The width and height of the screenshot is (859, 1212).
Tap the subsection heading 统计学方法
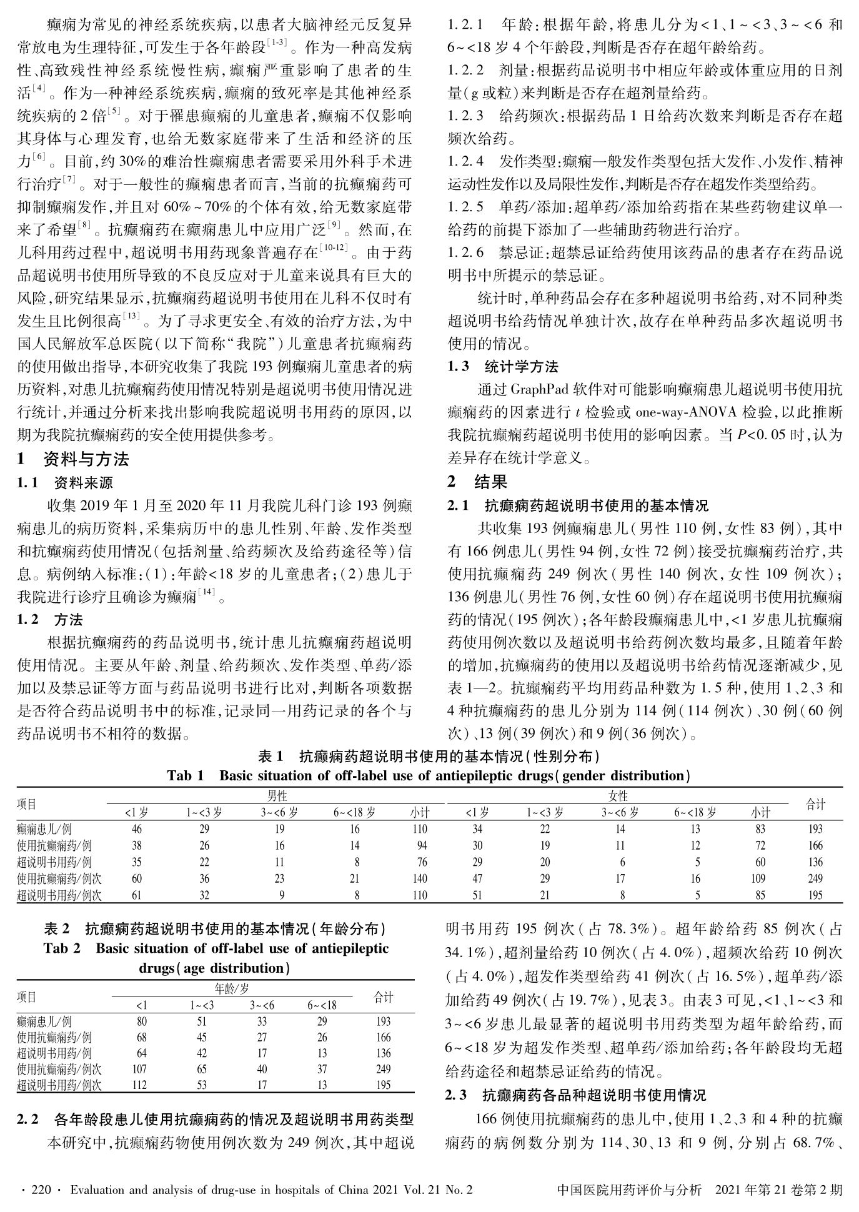pyautogui.click(x=521, y=367)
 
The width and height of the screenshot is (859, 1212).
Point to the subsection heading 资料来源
pyautogui.click(x=83, y=483)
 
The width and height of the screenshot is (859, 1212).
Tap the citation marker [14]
pyautogui.click(x=206, y=595)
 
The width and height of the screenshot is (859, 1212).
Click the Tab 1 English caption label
pyautogui.click(x=186, y=776)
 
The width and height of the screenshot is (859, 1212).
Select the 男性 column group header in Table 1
pyautogui.click(x=276, y=796)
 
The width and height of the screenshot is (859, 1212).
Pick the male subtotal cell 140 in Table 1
pyautogui.click(x=419, y=878)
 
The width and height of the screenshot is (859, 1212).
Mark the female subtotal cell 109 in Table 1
pyautogui.click(x=758, y=878)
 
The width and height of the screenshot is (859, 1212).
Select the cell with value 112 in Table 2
pyautogui.click(x=139, y=1085)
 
